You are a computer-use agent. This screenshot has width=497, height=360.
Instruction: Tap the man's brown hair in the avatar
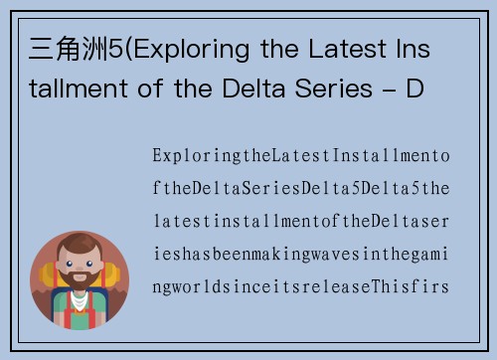80,249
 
